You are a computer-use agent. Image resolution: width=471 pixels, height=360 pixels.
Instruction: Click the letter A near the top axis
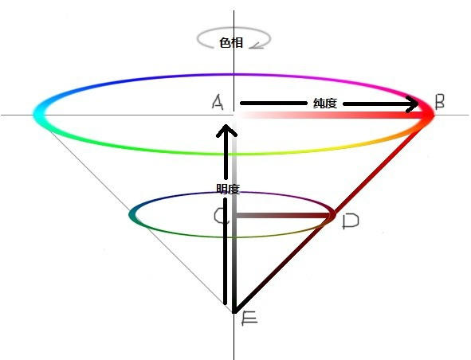218,102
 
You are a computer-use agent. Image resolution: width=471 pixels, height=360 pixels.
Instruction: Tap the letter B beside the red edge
440,101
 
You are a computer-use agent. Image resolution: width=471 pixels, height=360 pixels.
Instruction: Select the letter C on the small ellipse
221,216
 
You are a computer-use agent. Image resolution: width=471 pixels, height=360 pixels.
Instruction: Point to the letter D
351,221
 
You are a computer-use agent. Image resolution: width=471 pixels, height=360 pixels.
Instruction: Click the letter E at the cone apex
249,319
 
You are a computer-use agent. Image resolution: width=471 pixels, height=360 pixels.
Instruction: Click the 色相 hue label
231,43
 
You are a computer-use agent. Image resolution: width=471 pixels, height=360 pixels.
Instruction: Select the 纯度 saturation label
324,104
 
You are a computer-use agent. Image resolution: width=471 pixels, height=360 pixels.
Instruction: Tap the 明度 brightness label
228,189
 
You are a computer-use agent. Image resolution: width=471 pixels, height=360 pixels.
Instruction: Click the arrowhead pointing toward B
412,104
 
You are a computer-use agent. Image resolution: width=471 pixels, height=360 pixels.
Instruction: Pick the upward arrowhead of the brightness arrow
226,131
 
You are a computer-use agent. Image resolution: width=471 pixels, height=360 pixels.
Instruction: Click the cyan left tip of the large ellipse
39,114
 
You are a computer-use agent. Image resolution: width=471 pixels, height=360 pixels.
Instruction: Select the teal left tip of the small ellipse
132,215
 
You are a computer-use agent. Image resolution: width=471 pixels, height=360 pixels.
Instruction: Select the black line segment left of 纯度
273,104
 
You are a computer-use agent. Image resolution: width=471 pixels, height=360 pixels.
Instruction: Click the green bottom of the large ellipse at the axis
234,154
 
